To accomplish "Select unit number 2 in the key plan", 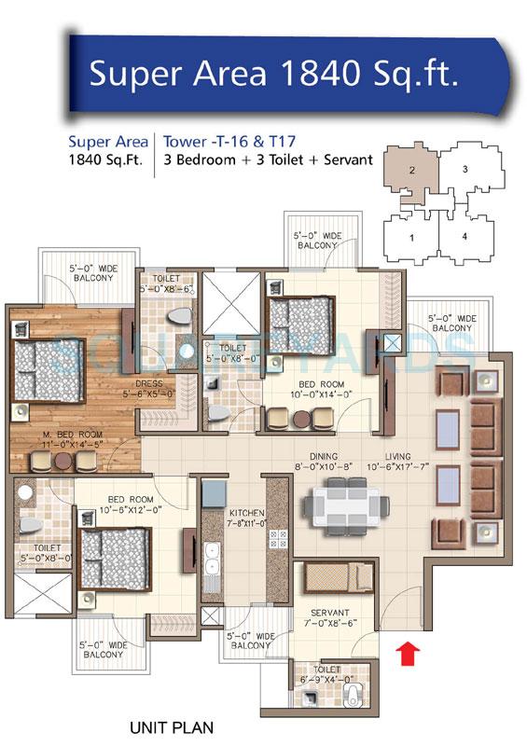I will [409, 170].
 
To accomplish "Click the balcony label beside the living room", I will [451, 324].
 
